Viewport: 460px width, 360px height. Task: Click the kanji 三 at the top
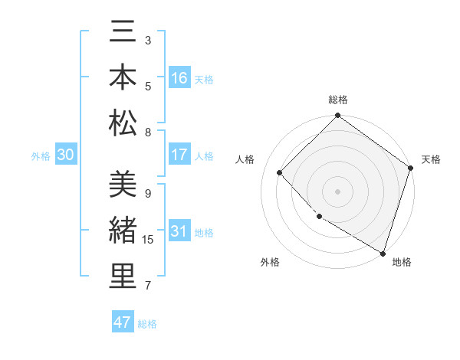point(123,34)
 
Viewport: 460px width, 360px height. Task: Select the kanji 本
point(123,79)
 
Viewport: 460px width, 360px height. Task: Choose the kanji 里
point(123,277)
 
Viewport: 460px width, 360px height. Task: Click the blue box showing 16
point(179,78)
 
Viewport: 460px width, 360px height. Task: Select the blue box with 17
point(179,155)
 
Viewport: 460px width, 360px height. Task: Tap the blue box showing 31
point(179,232)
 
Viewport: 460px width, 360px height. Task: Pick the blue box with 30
point(66,155)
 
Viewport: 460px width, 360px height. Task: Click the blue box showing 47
point(123,322)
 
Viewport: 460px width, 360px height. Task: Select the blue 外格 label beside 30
point(41,156)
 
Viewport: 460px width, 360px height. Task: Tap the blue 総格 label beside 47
point(147,324)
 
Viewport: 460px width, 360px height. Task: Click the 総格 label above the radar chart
point(337,100)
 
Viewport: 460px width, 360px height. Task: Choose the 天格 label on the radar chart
point(431,159)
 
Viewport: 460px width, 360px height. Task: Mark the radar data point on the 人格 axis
point(280,172)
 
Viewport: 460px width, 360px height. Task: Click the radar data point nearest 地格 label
point(382,252)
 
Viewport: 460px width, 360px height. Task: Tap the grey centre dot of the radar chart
point(337,191)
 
